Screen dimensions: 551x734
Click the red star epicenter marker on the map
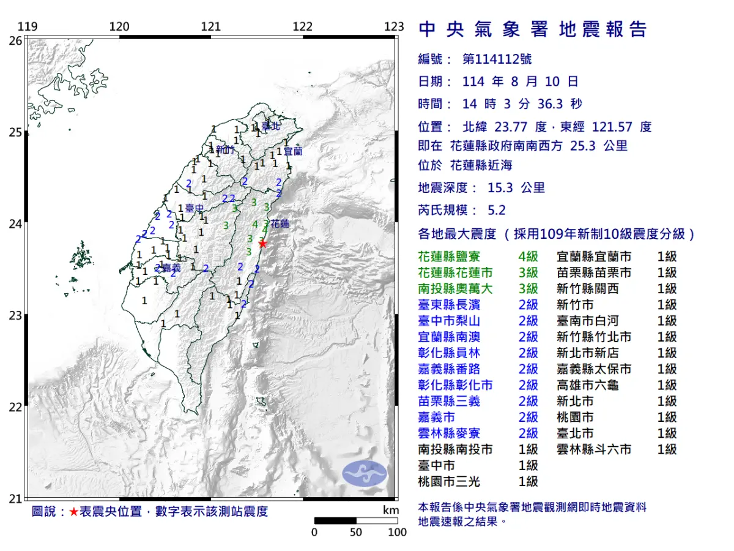(x=262, y=244)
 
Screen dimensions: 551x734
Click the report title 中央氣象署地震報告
(x=532, y=29)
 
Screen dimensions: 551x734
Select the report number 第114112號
(x=497, y=59)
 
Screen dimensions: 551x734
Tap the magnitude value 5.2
(x=497, y=210)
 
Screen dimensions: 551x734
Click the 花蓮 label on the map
(x=280, y=224)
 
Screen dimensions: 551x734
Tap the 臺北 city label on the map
(x=270, y=127)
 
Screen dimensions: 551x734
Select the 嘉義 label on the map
(x=171, y=268)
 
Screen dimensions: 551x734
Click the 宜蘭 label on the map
(x=294, y=150)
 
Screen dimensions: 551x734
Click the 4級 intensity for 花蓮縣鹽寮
(x=528, y=257)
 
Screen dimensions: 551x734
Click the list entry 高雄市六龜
(x=588, y=385)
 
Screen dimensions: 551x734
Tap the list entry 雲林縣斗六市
(x=594, y=449)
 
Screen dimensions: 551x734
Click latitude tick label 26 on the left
(x=16, y=40)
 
